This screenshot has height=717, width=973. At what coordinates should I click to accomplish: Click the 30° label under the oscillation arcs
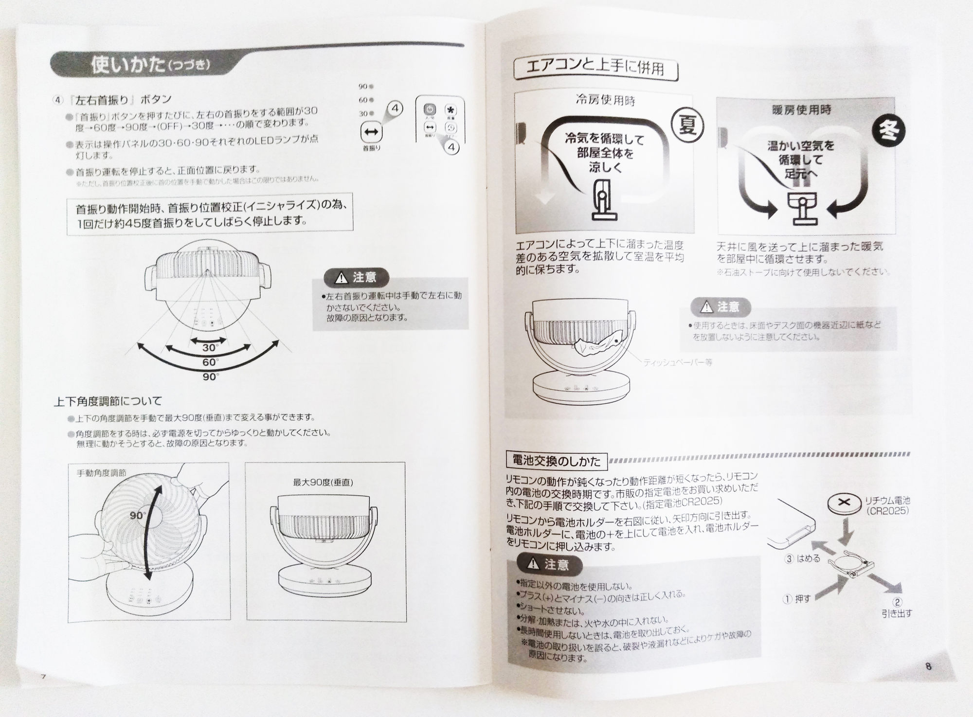(x=210, y=348)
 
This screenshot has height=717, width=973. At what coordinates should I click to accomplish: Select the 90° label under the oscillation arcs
(x=210, y=377)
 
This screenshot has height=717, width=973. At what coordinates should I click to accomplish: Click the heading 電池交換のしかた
(x=556, y=460)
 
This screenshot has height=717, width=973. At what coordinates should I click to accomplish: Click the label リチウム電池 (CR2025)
(x=887, y=505)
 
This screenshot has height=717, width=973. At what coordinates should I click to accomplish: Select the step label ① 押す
(x=796, y=599)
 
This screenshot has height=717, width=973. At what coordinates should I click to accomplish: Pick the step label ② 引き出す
(x=897, y=608)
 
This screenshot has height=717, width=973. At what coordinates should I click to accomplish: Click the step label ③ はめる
(x=802, y=558)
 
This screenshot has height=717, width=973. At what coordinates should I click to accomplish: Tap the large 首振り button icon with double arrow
(x=371, y=131)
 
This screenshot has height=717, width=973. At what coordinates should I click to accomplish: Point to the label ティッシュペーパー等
(x=677, y=363)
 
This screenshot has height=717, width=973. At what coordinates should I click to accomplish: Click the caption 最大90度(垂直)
(x=323, y=482)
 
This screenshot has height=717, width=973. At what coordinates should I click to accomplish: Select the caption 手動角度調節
(x=101, y=473)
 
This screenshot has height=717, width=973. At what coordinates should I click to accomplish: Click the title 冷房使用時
(x=605, y=101)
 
